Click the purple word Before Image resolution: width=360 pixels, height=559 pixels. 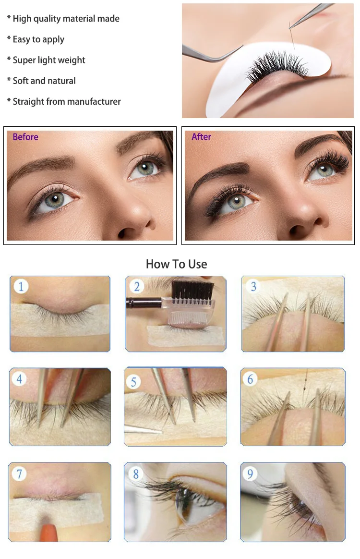point(25,137)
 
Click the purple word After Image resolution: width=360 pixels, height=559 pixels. point(202,136)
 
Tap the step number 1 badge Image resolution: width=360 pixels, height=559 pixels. point(21,286)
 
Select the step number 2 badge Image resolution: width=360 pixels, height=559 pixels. point(136,286)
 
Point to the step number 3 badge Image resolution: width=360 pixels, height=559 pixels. point(253,286)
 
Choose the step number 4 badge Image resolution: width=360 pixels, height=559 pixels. point(19,378)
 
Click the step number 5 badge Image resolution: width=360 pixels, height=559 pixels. point(133,382)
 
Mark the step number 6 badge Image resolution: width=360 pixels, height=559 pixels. point(250,379)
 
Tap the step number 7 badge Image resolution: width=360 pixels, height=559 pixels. point(19,474)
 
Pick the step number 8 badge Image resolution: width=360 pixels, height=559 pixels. point(136,474)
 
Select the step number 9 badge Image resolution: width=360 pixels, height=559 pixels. point(250,474)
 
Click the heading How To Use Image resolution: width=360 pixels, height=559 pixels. point(177,264)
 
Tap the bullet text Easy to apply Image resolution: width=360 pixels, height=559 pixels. point(38,39)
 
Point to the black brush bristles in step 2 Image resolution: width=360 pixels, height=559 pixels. point(193,290)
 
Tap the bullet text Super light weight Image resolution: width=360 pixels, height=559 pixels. point(49,60)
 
